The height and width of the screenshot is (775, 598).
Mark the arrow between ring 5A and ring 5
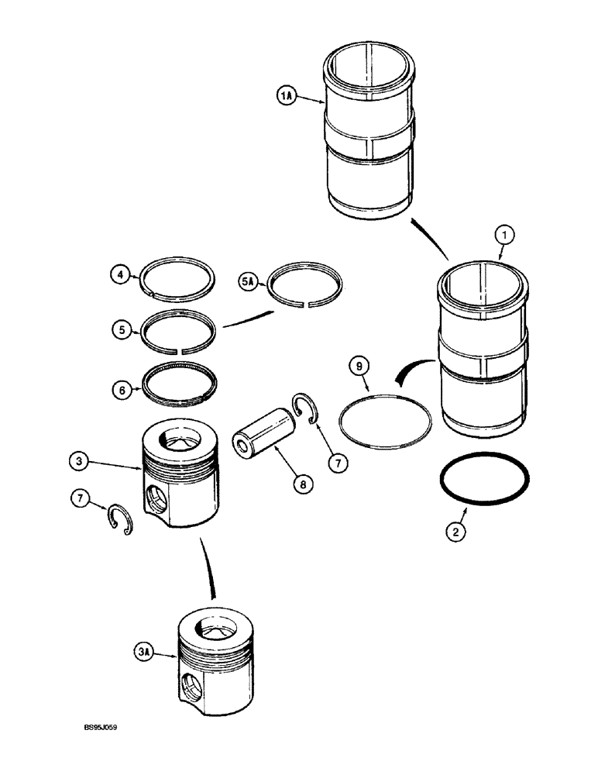pos(248,318)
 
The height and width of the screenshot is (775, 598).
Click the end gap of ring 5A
pos(308,304)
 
